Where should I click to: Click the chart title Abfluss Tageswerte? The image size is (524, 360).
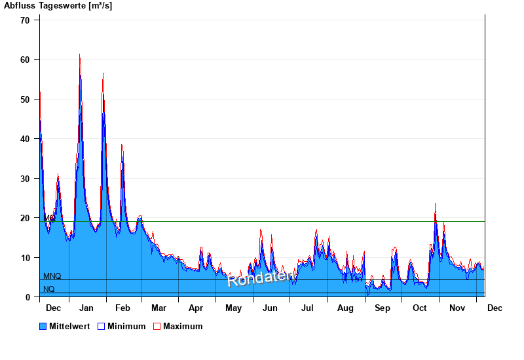tap(58, 6)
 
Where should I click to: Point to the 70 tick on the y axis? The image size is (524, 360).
tap(26, 20)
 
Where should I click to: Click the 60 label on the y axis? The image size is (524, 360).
tap(26, 60)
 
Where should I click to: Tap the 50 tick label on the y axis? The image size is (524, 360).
tap(26, 99)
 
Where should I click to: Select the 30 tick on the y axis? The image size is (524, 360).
tap(26, 179)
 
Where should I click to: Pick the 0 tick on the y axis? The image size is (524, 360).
tap(28, 297)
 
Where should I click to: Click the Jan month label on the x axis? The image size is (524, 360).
tap(86, 308)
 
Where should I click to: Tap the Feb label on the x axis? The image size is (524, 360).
tap(122, 308)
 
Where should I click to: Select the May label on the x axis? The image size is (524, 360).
tap(233, 308)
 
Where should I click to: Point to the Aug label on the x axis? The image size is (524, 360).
tap(345, 308)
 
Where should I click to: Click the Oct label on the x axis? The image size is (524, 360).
tap(419, 308)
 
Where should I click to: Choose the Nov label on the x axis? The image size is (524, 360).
tap(457, 308)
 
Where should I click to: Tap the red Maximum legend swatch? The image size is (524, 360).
tap(157, 327)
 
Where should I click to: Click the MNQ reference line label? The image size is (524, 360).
tap(52, 277)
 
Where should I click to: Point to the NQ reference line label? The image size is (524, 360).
tap(49, 289)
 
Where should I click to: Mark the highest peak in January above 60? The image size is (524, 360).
tap(80, 55)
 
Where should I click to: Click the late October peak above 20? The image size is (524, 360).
tap(435, 204)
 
